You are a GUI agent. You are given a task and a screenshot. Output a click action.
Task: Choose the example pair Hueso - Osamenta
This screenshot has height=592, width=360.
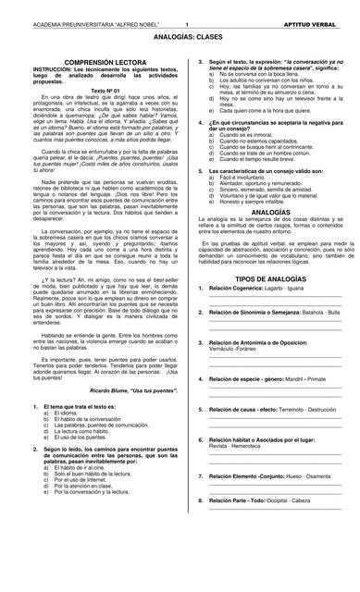pyautogui.click(x=305, y=476)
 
